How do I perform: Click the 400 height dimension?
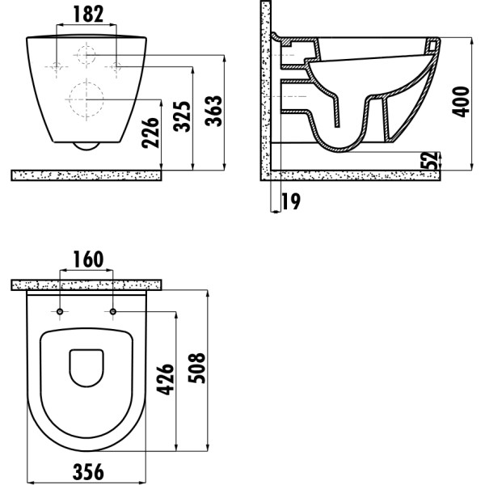point(462,99)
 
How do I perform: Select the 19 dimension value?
point(289,201)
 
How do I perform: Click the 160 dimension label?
point(87,259)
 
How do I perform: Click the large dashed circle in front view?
point(87,101)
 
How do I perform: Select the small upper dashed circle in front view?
point(87,56)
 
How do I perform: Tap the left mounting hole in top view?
point(61,312)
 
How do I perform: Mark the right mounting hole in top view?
point(113,312)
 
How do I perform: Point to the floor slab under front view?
point(87,175)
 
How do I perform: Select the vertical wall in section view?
point(264,89)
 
